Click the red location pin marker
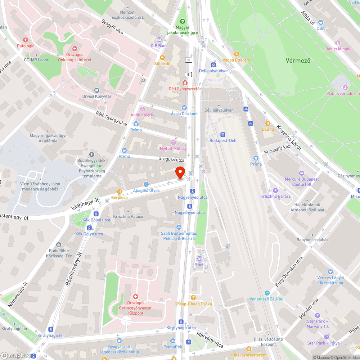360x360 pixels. tap(180, 172)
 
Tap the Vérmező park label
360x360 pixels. tap(298, 60)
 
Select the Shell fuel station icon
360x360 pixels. tap(200, 258)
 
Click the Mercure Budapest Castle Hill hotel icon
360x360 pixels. tap(302, 173)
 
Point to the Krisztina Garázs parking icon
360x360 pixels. tap(276, 190)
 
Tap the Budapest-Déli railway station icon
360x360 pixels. tap(223, 134)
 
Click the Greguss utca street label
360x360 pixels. tap(171, 159)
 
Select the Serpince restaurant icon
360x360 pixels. tap(120, 192)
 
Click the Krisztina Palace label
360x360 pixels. tap(128, 216)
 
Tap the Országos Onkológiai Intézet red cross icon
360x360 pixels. tap(75, 48)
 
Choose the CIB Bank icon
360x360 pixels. tap(159, 40)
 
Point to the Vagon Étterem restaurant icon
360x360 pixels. tap(236, 54)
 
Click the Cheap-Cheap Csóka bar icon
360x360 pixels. tap(193, 298)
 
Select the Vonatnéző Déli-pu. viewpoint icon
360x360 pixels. tap(267, 293)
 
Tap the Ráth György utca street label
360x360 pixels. tap(111, 118)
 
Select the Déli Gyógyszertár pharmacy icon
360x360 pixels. tap(185, 83)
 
